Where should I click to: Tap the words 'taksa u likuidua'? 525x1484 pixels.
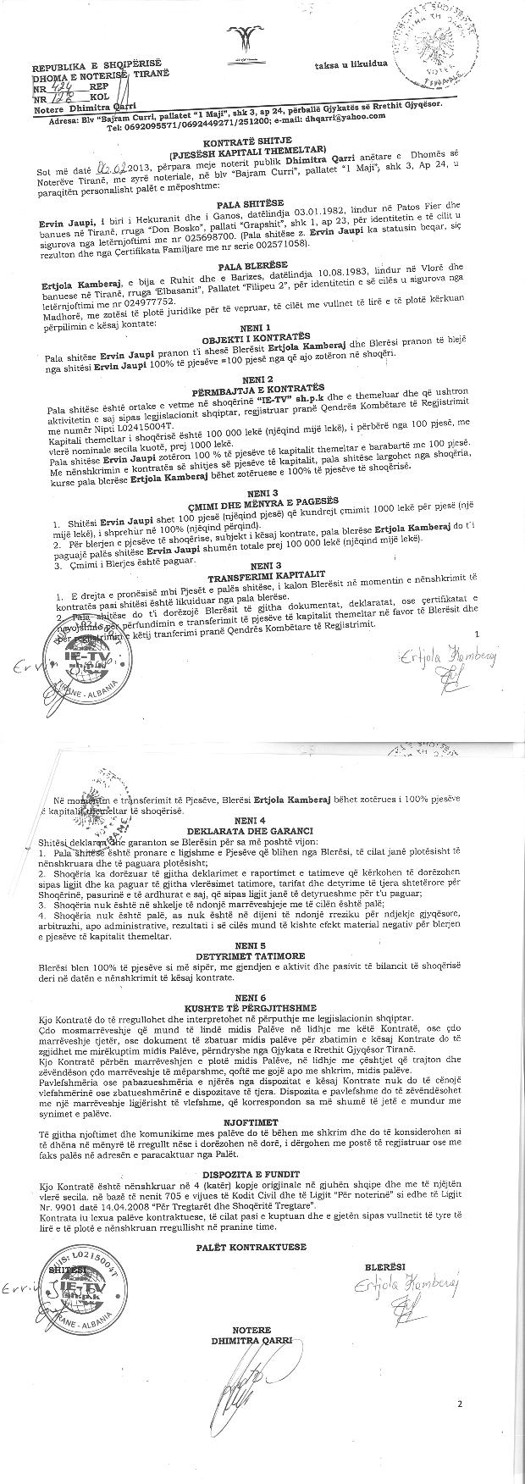click(x=351, y=64)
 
